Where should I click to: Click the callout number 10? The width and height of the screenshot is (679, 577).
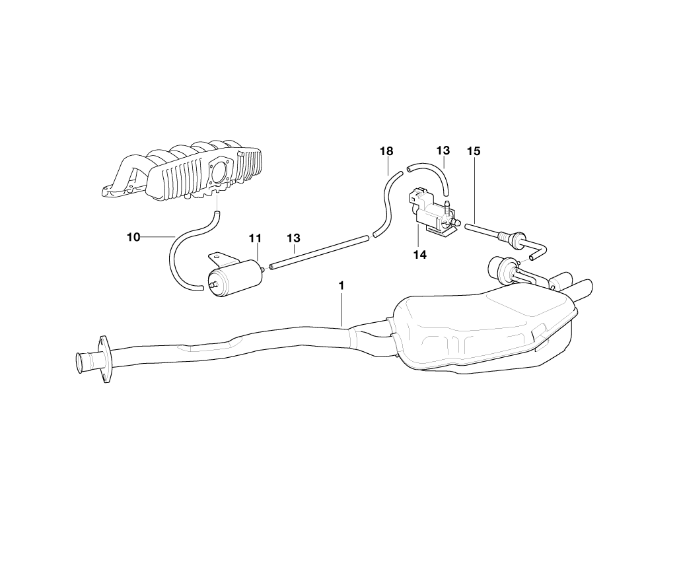133,237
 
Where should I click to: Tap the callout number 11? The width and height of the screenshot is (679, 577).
256,238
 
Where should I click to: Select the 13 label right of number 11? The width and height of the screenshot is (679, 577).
293,238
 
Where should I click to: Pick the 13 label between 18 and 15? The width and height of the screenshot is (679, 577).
443,151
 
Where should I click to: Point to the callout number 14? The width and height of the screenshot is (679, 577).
420,254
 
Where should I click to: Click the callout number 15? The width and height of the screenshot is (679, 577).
473,151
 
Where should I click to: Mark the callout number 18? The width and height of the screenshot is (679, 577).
386,151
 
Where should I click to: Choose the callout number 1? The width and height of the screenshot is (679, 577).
341,286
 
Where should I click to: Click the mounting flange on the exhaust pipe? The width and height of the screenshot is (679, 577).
104,358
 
